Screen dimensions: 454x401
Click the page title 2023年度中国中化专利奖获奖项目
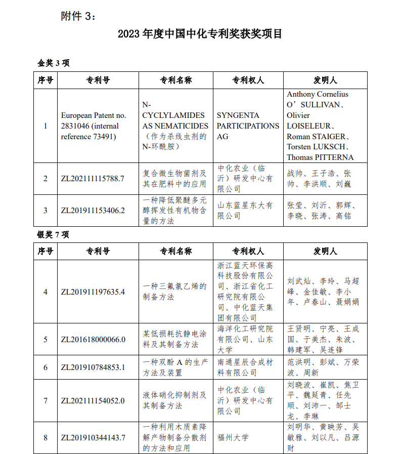point(200,34)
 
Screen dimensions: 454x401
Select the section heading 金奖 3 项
point(53,63)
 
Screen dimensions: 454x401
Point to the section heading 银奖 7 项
point(53,234)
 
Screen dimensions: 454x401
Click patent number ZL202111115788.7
point(93,179)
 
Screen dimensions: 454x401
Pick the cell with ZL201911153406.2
point(93,210)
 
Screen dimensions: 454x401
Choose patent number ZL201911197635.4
point(93,292)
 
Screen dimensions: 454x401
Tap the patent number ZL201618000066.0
point(93,339)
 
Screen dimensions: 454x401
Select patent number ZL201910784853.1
point(93,367)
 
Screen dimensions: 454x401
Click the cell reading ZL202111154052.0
point(93,400)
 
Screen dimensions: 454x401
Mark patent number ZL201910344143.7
point(93,437)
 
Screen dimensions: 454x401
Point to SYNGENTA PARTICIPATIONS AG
point(247,126)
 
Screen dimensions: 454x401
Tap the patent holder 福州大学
point(233,437)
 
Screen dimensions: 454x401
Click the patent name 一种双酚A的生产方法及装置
point(175,367)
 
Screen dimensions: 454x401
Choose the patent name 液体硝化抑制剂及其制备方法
point(175,400)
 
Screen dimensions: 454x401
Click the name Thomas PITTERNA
point(320,157)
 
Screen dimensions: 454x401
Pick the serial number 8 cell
point(46,437)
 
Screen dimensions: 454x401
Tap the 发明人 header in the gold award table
point(325,80)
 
